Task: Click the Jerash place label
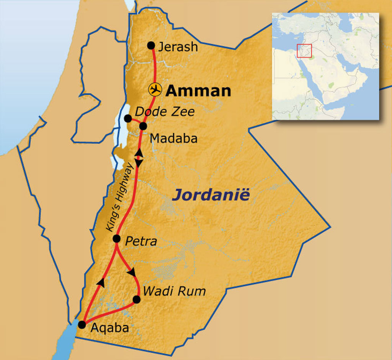pyautogui.click(x=178, y=47)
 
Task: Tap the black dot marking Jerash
pyautogui.click(x=151, y=45)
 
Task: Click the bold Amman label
pyautogui.click(x=199, y=91)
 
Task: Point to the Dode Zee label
pyautogui.click(x=165, y=112)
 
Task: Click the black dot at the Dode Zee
pyautogui.click(x=128, y=118)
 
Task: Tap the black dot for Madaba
pyautogui.click(x=143, y=126)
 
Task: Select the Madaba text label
pyautogui.click(x=174, y=139)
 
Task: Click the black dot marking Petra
pyautogui.click(x=117, y=239)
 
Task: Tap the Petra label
pyautogui.click(x=141, y=242)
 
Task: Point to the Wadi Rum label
pyautogui.click(x=174, y=291)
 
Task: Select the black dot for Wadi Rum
pyautogui.click(x=136, y=299)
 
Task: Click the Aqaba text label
pyautogui.click(x=109, y=328)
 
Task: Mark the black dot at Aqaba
pyautogui.click(x=82, y=324)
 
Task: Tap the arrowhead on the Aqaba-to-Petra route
pyautogui.click(x=101, y=282)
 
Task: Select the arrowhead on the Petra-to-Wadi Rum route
pyautogui.click(x=132, y=272)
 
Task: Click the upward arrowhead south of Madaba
pyautogui.click(x=139, y=152)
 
